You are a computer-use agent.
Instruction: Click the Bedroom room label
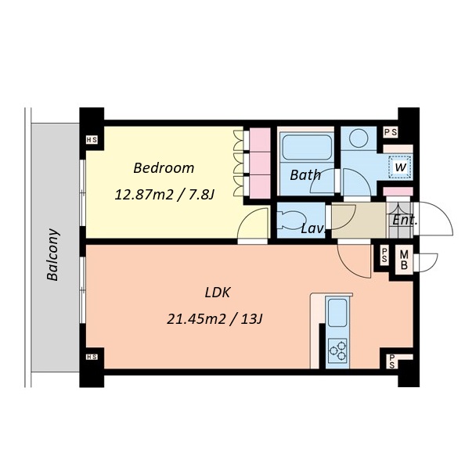click(x=164, y=168)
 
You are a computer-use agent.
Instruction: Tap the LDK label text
click(x=218, y=293)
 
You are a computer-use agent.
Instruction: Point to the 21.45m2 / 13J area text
click(x=214, y=319)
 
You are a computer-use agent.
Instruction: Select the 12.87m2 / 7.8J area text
click(x=164, y=195)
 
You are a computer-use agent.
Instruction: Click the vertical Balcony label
click(x=52, y=255)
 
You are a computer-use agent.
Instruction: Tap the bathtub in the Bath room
click(x=307, y=147)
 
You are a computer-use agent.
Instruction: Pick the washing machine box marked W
click(x=400, y=167)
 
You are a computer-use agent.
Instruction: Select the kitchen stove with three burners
click(x=338, y=350)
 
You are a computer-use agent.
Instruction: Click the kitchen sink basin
click(x=337, y=312)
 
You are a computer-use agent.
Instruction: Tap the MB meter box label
click(x=404, y=260)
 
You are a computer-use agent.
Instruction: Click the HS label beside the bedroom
click(x=92, y=140)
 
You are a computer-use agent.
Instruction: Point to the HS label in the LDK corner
click(x=92, y=357)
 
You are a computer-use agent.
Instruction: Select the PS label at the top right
click(x=391, y=132)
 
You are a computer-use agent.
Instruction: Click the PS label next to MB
click(x=384, y=256)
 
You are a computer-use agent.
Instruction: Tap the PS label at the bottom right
click(x=391, y=361)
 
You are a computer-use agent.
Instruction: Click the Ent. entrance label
click(x=405, y=220)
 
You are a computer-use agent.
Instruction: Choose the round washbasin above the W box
click(x=359, y=138)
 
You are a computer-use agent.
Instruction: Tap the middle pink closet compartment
click(x=260, y=163)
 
